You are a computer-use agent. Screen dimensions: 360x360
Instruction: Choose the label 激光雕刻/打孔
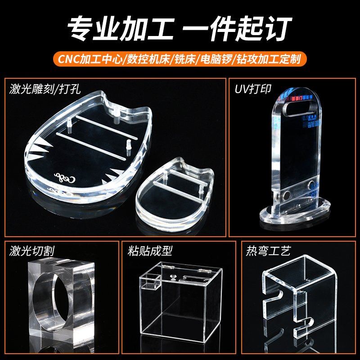coord(45,89)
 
